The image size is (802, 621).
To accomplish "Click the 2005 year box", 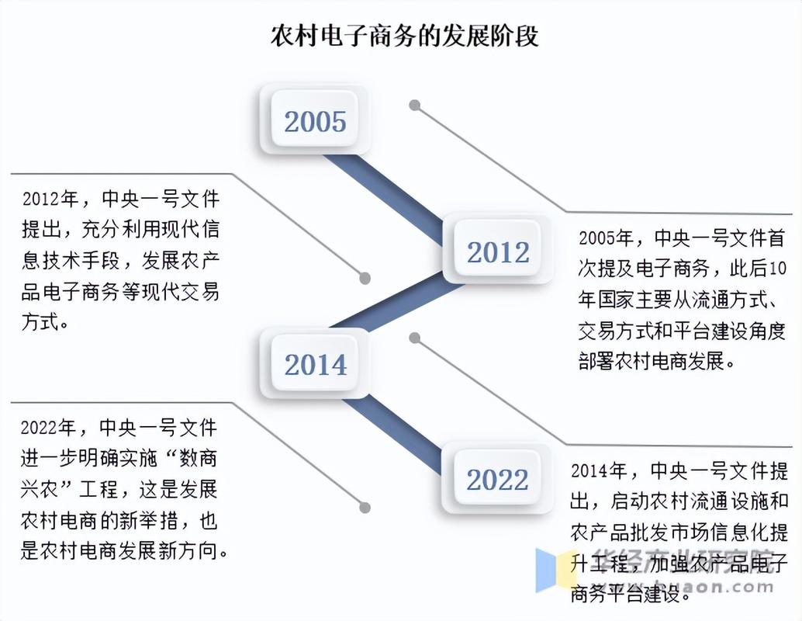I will [315, 121].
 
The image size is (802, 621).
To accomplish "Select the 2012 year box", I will [497, 252].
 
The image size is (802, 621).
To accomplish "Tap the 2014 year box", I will [315, 364].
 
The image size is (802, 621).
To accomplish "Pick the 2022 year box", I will [497, 479].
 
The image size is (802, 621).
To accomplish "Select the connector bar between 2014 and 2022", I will [392, 431].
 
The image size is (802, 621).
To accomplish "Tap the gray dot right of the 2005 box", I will [415, 105].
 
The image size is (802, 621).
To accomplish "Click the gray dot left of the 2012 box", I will [365, 278].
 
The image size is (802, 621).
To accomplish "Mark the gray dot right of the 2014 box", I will [415, 338].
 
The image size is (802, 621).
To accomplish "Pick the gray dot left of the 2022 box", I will [365, 507].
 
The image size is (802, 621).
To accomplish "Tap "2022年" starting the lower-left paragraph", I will [49, 428].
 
